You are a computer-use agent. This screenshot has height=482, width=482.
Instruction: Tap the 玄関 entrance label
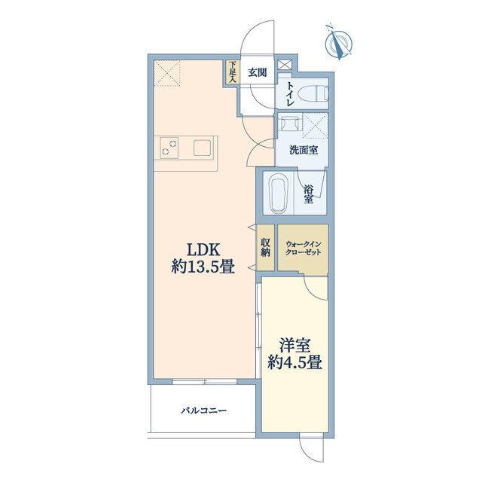click(258, 73)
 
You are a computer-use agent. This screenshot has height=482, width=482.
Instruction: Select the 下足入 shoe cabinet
click(233, 72)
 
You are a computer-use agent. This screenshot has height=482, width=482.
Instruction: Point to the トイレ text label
click(291, 94)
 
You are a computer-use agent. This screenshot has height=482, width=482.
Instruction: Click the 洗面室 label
click(304, 150)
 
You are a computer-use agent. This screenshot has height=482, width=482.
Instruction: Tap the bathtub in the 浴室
click(279, 194)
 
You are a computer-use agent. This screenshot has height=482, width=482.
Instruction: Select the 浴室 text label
click(308, 194)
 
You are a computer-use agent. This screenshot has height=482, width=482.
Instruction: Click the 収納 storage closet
click(266, 248)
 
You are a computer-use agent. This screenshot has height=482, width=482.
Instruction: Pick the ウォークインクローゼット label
click(303, 248)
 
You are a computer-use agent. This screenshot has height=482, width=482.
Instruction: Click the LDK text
click(203, 249)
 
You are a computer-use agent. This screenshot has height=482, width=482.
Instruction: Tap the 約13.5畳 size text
click(203, 267)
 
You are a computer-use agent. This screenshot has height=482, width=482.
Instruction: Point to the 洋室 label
click(294, 346)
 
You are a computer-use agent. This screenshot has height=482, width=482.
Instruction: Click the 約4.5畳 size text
click(294, 363)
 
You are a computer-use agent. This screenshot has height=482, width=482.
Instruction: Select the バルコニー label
click(203, 410)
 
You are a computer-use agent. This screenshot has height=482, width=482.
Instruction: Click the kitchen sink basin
click(203, 148)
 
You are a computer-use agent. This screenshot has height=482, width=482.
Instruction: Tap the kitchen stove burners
click(169, 148)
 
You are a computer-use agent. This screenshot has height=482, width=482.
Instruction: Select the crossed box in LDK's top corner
click(167, 74)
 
